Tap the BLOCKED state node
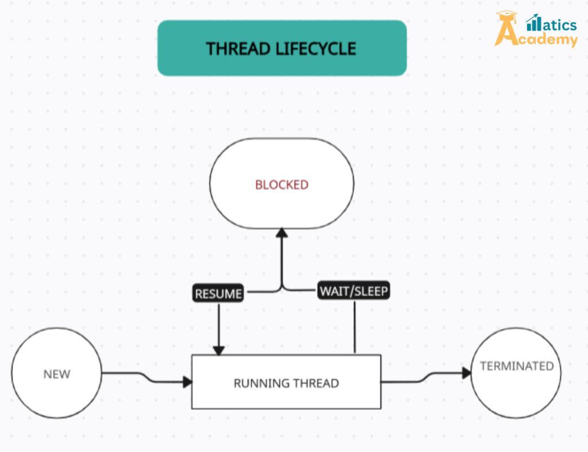(x=281, y=184)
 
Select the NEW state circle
(x=56, y=374)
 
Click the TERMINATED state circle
(x=516, y=372)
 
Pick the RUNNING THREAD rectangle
(x=286, y=382)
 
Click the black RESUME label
(x=218, y=294)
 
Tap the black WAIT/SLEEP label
(x=354, y=291)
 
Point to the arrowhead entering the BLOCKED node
(x=281, y=233)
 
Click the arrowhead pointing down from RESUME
(x=218, y=350)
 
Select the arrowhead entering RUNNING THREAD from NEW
(x=187, y=382)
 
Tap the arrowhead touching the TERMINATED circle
(x=466, y=373)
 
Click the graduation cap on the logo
(x=506, y=17)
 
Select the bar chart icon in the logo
(x=533, y=22)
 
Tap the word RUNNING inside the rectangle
(x=256, y=383)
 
